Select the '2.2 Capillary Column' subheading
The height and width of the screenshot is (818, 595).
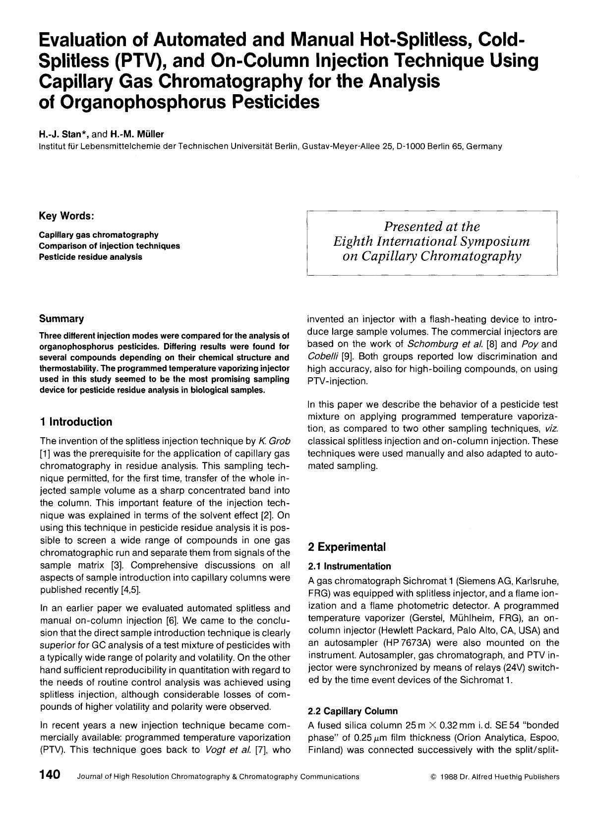click(353, 711)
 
